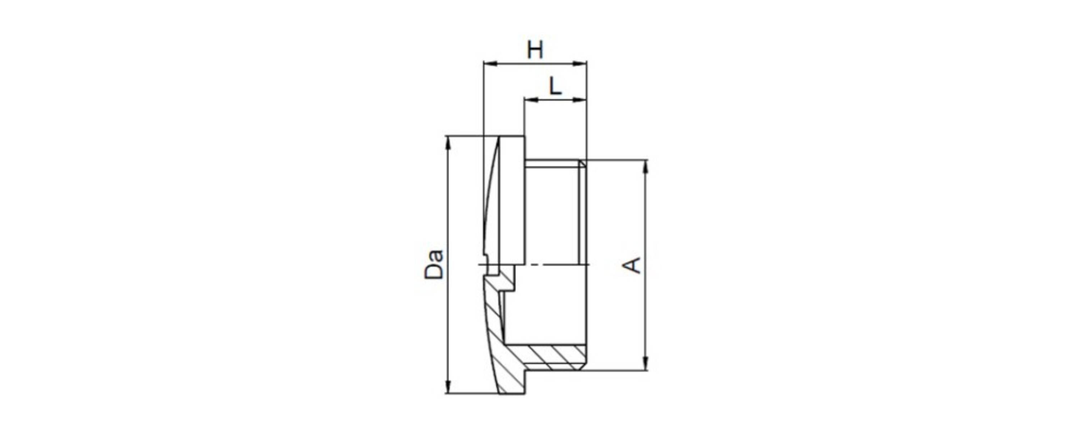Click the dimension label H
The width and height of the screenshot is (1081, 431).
coord(535,50)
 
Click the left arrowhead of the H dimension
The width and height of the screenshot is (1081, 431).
coord(490,64)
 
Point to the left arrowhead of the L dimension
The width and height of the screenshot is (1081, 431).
coord(531,99)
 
